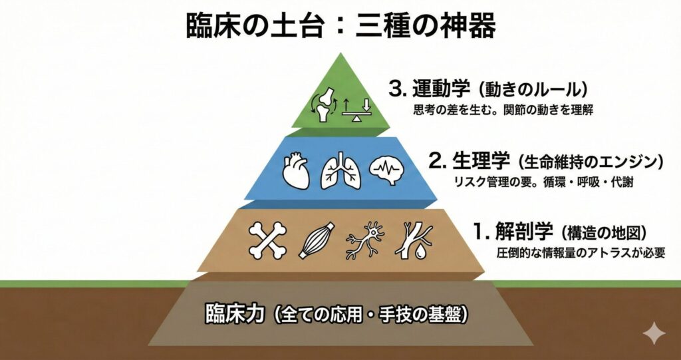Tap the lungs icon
pyautogui.click(x=340, y=170)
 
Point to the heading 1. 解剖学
pyautogui.click(x=513, y=232)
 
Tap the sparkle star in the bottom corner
pyautogui.click(x=654, y=333)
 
